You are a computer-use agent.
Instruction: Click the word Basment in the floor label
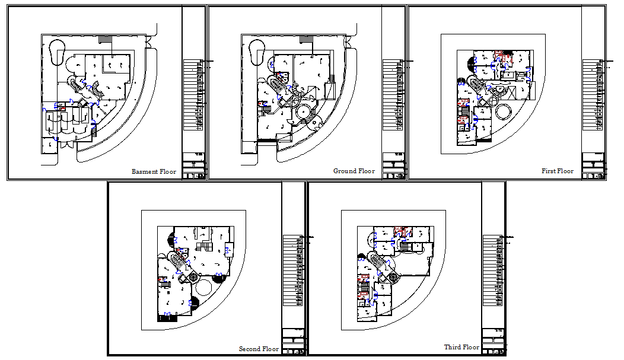pos(144,172)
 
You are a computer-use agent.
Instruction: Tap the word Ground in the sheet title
pos(345,171)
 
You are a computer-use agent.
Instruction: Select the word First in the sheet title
pos(549,171)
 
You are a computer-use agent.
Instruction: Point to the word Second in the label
pos(250,349)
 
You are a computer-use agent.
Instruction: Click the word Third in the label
pos(453,348)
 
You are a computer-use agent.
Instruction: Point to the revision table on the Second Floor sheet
pos(293,270)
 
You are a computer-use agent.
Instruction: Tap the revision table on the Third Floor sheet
pos(494,270)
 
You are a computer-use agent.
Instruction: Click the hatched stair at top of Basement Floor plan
pos(105,39)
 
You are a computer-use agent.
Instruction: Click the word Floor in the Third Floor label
pos(471,348)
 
